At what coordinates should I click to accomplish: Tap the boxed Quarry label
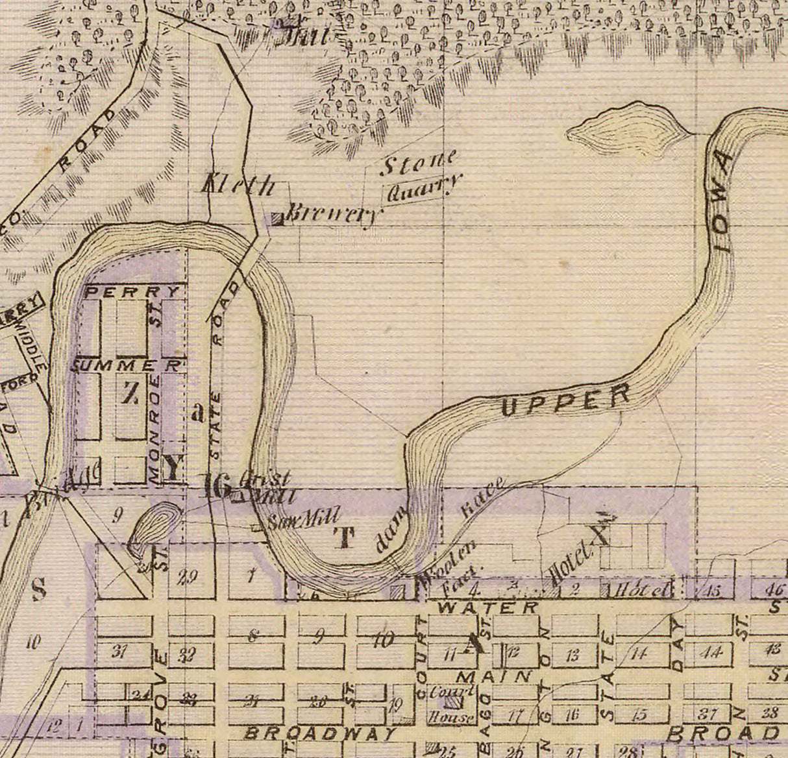[x=419, y=189]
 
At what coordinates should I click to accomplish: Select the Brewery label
[x=331, y=215]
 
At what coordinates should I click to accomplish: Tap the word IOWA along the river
[x=722, y=201]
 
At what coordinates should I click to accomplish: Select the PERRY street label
[x=133, y=291]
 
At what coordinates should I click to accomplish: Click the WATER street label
[x=488, y=608]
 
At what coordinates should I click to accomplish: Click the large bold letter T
[x=345, y=537]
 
